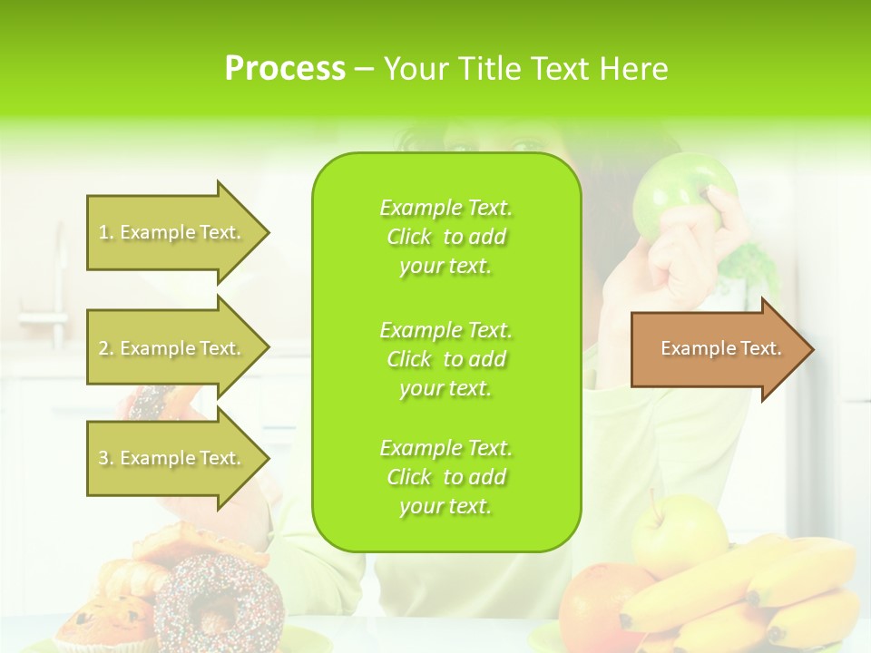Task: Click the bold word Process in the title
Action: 285,68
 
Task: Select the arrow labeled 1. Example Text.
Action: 172,232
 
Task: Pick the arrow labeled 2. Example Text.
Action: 172,348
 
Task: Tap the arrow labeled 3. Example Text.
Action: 172,458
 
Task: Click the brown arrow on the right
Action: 717,349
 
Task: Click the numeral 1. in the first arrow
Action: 106,232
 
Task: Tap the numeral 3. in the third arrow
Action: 106,458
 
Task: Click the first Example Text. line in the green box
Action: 445,208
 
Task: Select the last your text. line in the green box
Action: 445,506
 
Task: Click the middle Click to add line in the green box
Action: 445,359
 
